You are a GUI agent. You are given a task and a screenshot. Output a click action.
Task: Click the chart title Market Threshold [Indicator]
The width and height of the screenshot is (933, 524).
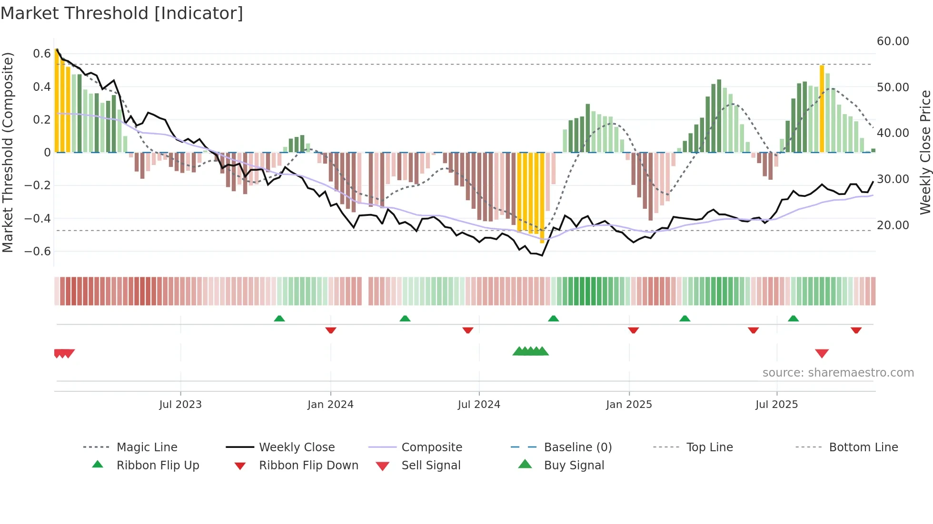pyautogui.click(x=122, y=13)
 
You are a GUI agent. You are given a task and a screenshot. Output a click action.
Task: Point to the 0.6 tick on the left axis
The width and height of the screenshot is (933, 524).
pyautogui.click(x=42, y=54)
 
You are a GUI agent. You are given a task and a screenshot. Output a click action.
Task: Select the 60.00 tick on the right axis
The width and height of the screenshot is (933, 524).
pyautogui.click(x=893, y=41)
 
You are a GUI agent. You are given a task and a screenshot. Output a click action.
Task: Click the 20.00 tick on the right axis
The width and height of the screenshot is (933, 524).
pyautogui.click(x=893, y=225)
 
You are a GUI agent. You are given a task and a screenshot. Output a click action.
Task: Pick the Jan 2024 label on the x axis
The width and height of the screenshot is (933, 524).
pyautogui.click(x=330, y=405)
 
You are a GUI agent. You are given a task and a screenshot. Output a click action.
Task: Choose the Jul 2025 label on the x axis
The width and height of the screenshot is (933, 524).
pyautogui.click(x=776, y=405)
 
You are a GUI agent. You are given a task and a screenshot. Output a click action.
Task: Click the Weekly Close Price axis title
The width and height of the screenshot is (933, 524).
pyautogui.click(x=925, y=152)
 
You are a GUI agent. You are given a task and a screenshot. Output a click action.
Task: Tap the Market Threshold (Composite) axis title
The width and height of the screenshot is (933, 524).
pyautogui.click(x=8, y=152)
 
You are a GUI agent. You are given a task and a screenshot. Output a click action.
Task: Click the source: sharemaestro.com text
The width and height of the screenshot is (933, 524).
pyautogui.click(x=838, y=373)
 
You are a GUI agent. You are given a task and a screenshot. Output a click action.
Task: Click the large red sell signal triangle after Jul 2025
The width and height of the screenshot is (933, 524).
pyautogui.click(x=822, y=353)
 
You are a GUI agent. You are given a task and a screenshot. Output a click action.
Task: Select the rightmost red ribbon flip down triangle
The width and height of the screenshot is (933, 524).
pyautogui.click(x=856, y=330)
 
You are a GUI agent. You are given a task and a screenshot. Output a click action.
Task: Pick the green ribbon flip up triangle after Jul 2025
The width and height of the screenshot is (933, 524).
pyautogui.click(x=793, y=319)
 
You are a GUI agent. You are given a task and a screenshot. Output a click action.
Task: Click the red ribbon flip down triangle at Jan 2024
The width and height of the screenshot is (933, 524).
pyautogui.click(x=331, y=330)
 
